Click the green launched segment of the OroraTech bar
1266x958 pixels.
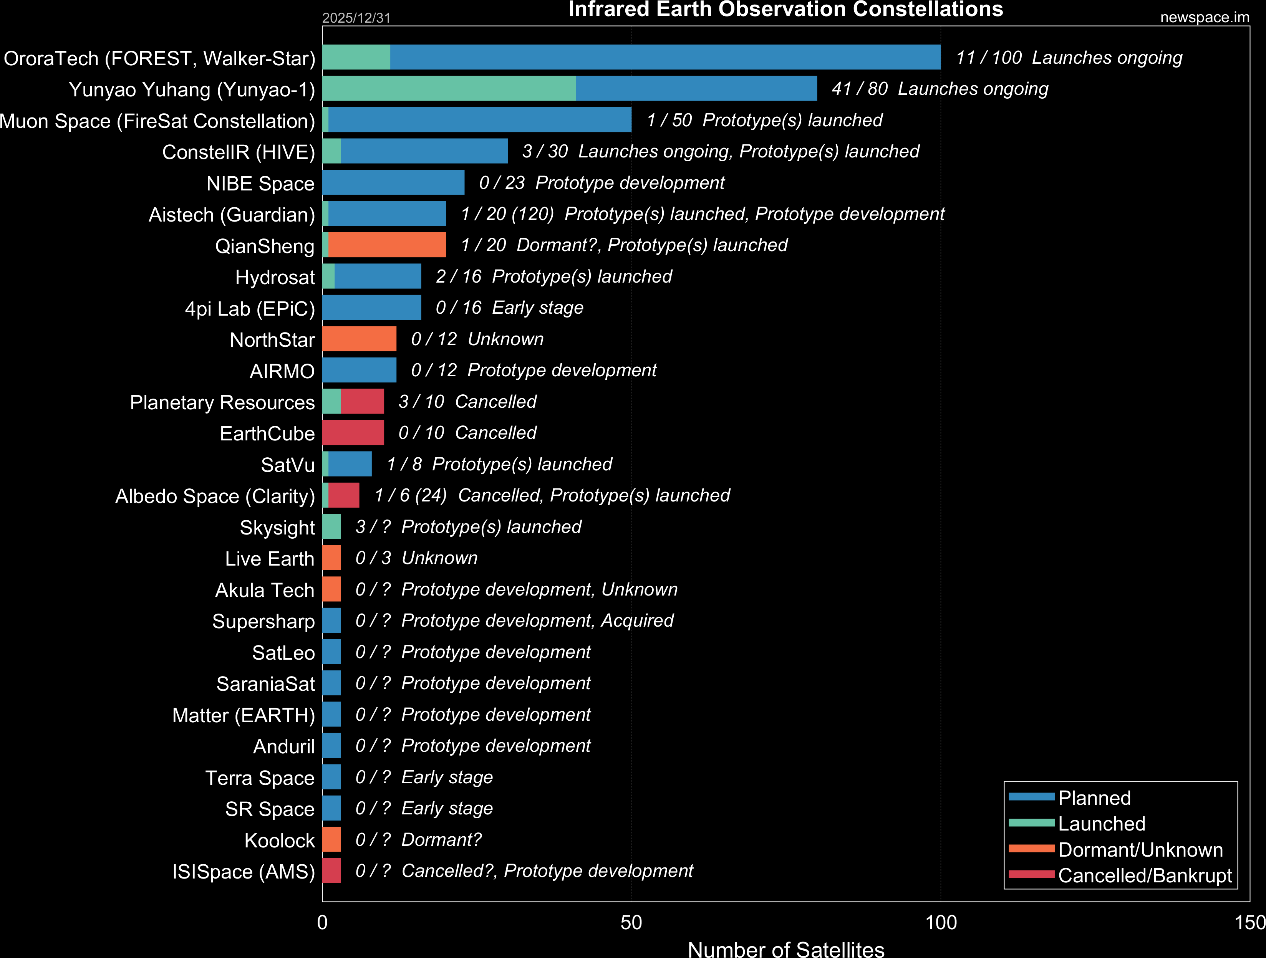(x=356, y=57)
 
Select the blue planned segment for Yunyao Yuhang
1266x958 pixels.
(x=696, y=89)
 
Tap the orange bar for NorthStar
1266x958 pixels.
(x=360, y=339)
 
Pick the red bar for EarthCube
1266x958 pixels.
(x=353, y=433)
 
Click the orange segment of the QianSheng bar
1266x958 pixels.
(x=387, y=245)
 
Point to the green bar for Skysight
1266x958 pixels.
(x=331, y=526)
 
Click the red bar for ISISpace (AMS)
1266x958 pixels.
(x=331, y=870)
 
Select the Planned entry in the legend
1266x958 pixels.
(x=1094, y=798)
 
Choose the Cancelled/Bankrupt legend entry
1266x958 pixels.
(x=1145, y=875)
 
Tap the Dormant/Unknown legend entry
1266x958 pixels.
(x=1140, y=850)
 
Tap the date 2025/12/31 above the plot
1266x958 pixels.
(x=356, y=18)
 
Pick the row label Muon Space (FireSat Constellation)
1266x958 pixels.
(x=157, y=121)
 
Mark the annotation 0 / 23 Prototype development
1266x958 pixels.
(x=602, y=182)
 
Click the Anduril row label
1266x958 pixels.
(x=284, y=746)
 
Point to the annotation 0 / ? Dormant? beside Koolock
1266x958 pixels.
(x=418, y=839)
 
